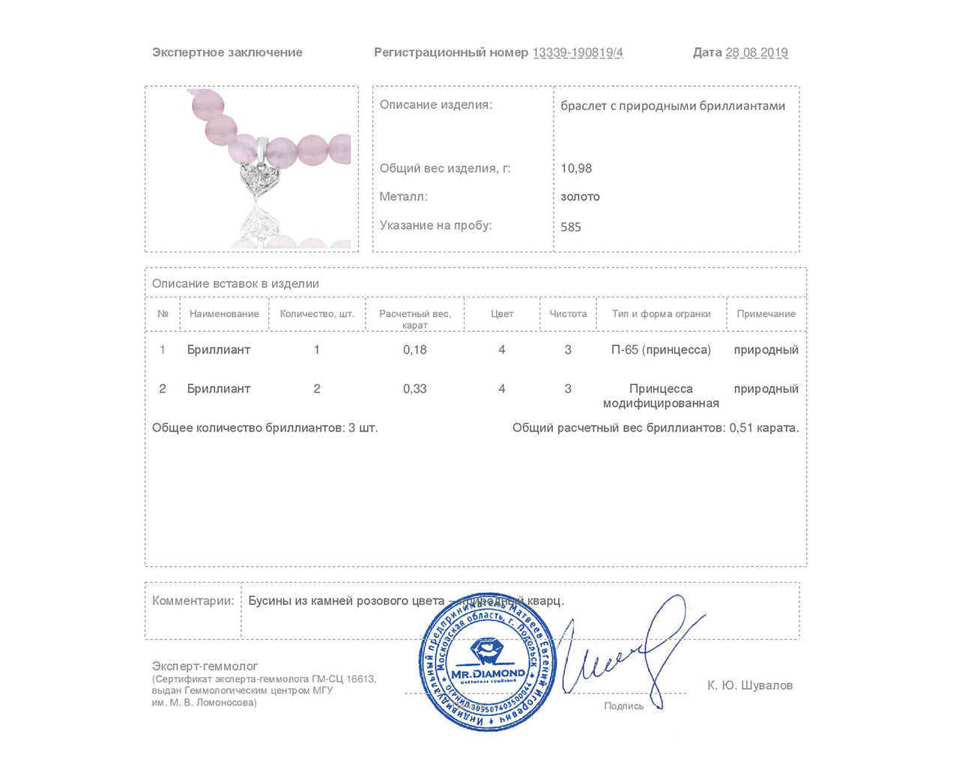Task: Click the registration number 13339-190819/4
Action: (x=578, y=52)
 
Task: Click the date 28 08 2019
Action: (x=757, y=52)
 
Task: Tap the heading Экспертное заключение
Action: (x=227, y=52)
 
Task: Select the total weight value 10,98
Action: (x=576, y=169)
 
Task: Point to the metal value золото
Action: (x=580, y=197)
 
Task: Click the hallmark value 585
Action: (x=571, y=227)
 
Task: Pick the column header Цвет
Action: (x=502, y=314)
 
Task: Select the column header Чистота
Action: (x=568, y=314)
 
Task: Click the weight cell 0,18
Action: (x=415, y=350)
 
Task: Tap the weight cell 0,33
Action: (x=415, y=389)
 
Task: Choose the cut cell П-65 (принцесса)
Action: (x=661, y=350)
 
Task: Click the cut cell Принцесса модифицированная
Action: (x=661, y=395)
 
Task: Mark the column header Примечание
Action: (x=766, y=314)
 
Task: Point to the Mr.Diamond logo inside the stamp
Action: (x=488, y=661)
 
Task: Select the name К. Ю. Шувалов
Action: (x=750, y=685)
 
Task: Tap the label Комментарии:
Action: (x=193, y=601)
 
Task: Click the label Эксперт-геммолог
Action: (x=205, y=666)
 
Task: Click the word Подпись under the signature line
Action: (x=623, y=706)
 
